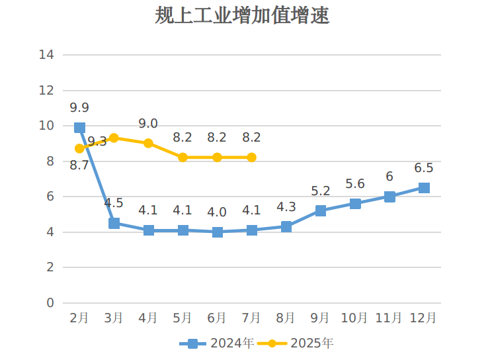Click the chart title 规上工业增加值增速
tap(242, 16)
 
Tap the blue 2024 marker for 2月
tap(79, 128)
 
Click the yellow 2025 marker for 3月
tap(114, 138)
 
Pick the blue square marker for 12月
tap(424, 188)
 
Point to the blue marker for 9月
tap(321, 210)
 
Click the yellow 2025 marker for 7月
tap(252, 157)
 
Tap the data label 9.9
tap(79, 107)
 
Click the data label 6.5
tap(424, 167)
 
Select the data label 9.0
tap(148, 124)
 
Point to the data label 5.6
tap(355, 184)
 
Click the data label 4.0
tap(217, 212)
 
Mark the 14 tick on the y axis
tap(46, 55)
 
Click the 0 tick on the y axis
tap(50, 303)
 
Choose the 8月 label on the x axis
tap(286, 318)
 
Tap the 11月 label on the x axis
tap(389, 318)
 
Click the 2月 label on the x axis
tap(79, 318)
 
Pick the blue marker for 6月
tap(218, 232)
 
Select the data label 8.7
tap(79, 165)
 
